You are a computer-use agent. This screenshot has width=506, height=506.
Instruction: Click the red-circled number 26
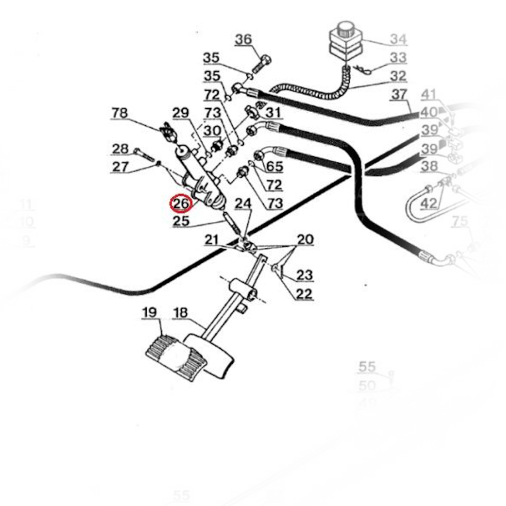[x=182, y=204]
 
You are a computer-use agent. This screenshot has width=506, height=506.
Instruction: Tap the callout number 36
[x=244, y=40]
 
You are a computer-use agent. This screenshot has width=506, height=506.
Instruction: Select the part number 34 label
[x=398, y=40]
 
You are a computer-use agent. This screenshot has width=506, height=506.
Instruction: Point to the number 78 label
[x=120, y=113]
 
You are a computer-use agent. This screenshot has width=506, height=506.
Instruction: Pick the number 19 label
[x=149, y=312]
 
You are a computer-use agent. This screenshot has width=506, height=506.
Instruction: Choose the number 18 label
[x=180, y=312]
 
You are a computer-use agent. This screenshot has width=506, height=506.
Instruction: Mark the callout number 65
[x=274, y=166]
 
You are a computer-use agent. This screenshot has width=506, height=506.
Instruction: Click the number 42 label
[x=429, y=203]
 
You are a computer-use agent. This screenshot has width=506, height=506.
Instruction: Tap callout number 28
[x=120, y=149]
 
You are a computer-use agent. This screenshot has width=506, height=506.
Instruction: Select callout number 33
[x=398, y=58]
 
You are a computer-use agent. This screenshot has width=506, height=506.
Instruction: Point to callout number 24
[x=244, y=204]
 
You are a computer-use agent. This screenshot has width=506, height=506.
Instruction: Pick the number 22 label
[x=305, y=293]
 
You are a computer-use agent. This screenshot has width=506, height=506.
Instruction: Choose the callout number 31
[x=273, y=113]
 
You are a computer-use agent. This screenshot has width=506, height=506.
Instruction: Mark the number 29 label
[x=181, y=113]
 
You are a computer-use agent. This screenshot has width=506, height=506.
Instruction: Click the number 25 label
[x=182, y=221]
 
